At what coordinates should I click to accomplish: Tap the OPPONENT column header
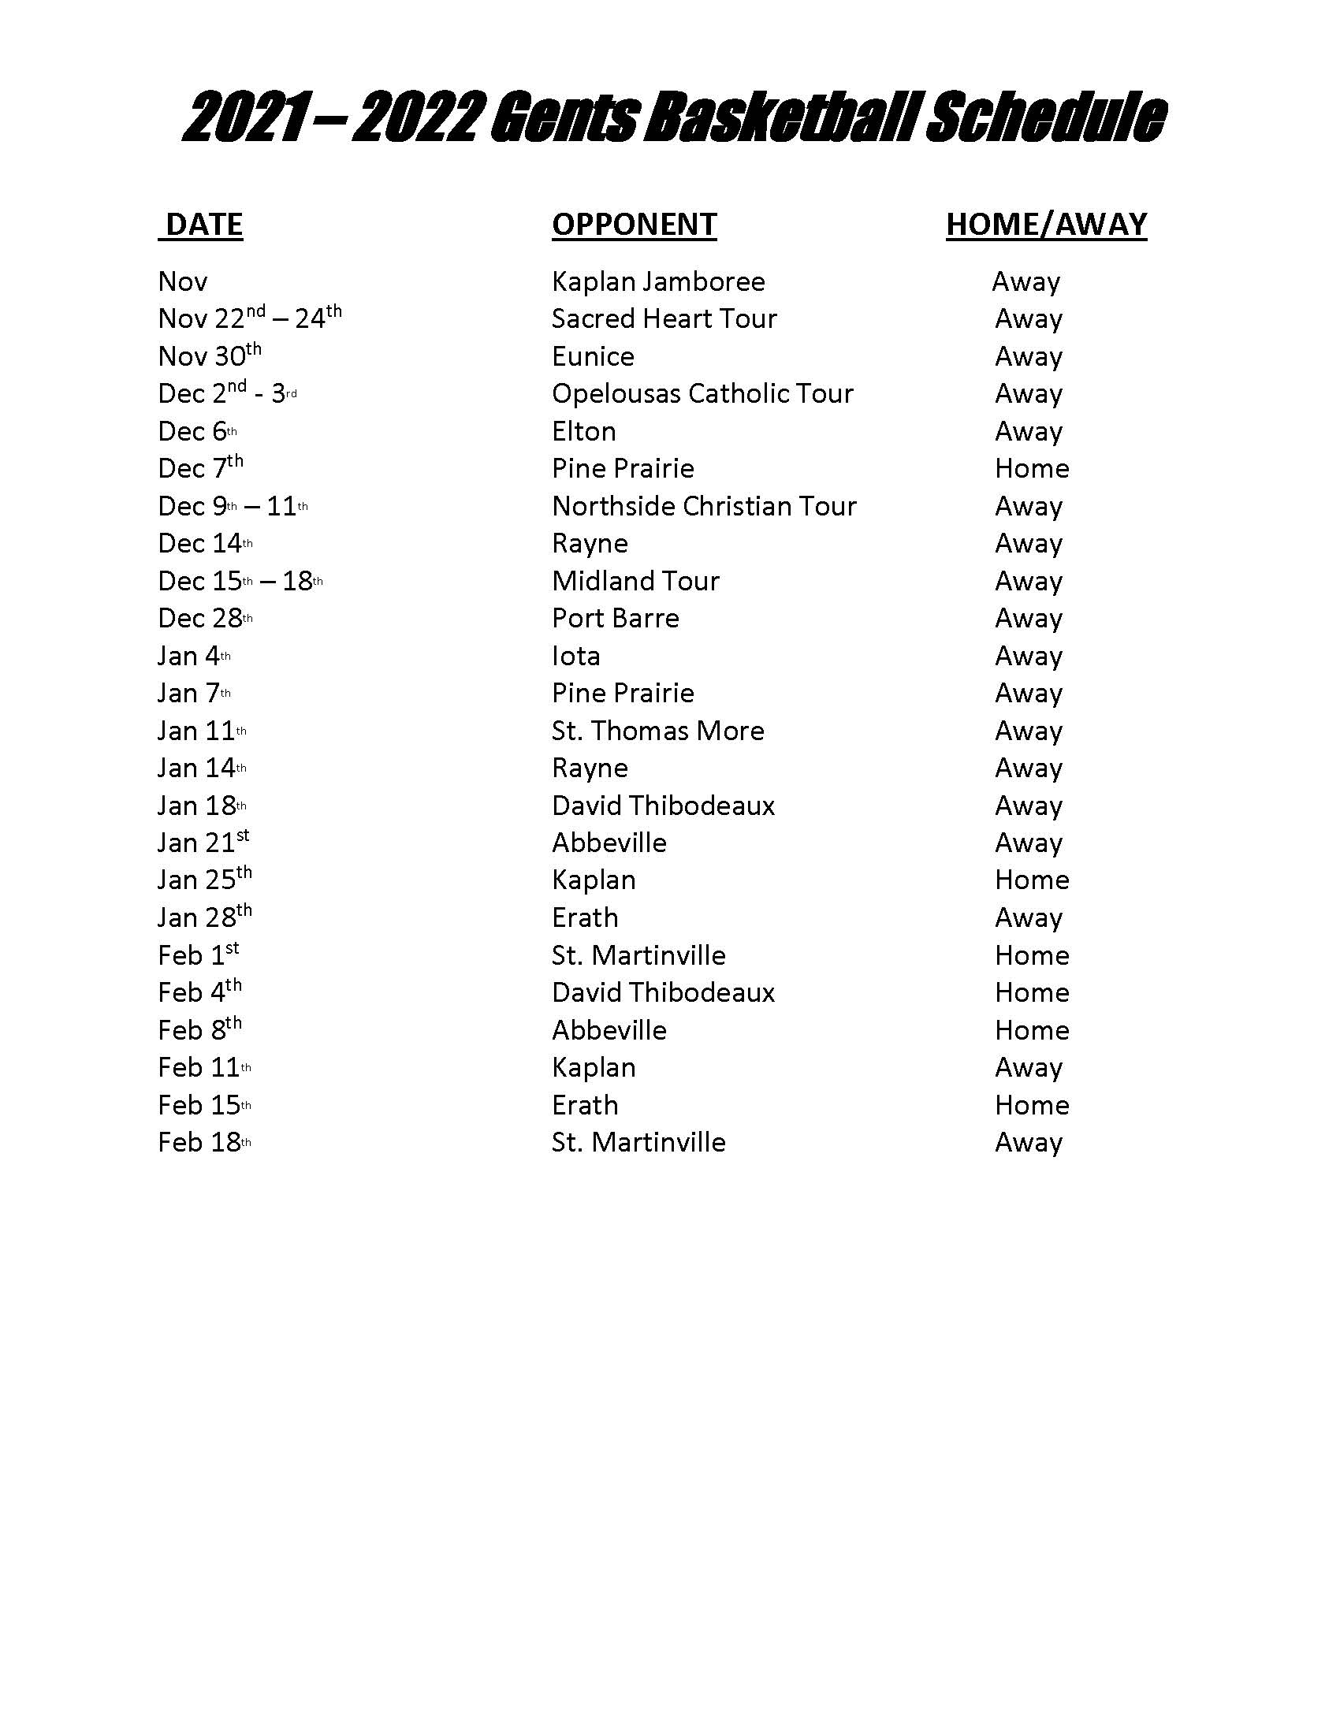click(635, 225)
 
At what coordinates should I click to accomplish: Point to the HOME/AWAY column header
click(1046, 225)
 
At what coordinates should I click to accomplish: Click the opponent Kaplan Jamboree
click(658, 282)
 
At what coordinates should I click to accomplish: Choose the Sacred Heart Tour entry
click(664, 319)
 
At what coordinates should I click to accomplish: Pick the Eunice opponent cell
click(593, 356)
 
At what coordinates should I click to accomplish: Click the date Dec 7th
click(200, 467)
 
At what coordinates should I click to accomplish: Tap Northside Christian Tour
click(704, 507)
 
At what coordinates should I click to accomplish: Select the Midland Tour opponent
click(635, 581)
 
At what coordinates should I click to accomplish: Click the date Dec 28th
click(205, 619)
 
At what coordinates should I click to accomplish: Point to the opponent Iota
click(575, 657)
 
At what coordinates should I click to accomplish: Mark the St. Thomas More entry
click(657, 731)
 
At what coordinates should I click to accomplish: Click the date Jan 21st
click(203, 843)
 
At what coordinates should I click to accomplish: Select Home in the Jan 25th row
click(1031, 880)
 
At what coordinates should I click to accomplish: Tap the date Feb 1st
click(199, 955)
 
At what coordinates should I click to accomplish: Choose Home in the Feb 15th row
click(1031, 1105)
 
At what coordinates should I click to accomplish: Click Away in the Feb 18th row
click(1028, 1143)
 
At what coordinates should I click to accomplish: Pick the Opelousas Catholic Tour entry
click(702, 394)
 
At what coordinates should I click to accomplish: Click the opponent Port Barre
click(616, 619)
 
